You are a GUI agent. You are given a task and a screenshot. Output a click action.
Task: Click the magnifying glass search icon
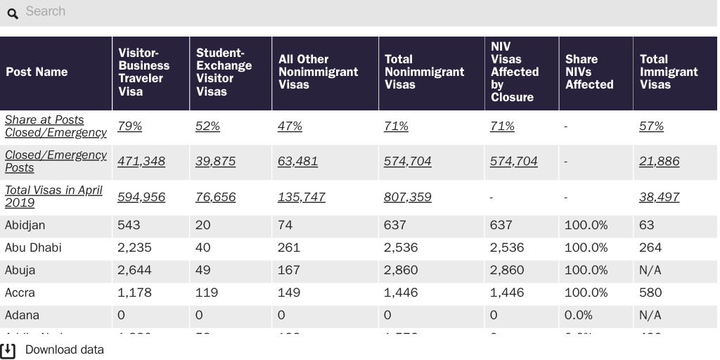pos(13,13)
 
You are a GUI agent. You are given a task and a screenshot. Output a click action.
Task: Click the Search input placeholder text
pos(46,11)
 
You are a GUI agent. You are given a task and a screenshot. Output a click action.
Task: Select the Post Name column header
pos(37,72)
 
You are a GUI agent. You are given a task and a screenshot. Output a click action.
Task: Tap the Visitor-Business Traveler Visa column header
pos(143,72)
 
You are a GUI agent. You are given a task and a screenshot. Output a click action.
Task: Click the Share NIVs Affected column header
pos(589,72)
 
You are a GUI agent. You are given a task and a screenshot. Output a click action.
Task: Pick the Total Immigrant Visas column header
pos(668,72)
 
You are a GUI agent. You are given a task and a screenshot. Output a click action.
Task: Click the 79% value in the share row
pos(129,126)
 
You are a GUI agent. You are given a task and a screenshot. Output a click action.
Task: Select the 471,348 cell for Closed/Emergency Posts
pos(141,161)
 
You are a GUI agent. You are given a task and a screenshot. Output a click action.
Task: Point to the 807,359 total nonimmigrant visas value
pos(407,197)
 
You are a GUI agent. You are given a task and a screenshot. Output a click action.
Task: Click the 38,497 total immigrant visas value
pos(659,197)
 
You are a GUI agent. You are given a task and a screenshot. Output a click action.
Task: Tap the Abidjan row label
pos(25,225)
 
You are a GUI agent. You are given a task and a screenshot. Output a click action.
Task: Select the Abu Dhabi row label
pos(33,247)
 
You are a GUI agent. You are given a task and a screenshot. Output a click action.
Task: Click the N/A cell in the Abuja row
pos(650,270)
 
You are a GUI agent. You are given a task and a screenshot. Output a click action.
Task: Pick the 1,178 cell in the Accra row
pos(134,292)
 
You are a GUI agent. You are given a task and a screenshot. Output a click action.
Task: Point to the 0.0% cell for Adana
pos(578,315)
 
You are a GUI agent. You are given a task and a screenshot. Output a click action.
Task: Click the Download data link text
pos(65,349)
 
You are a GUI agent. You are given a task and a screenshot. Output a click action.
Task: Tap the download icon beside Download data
pos(8,350)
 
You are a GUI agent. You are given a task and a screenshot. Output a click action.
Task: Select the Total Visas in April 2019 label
pos(53,196)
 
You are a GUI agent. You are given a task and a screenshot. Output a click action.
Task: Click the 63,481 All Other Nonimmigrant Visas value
pos(297,161)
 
